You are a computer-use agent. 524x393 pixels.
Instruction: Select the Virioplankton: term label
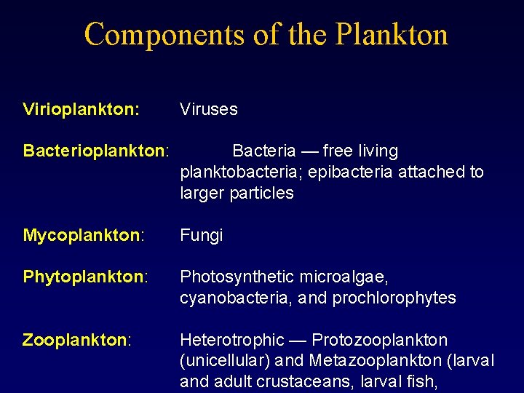click(x=82, y=110)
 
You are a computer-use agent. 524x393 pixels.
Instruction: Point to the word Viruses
click(x=209, y=110)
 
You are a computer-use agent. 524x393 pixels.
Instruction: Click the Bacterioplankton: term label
click(x=96, y=151)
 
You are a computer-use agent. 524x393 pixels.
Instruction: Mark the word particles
click(x=260, y=194)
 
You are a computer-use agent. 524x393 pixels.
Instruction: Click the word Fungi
click(x=201, y=236)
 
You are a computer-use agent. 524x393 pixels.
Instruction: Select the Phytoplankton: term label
click(x=86, y=277)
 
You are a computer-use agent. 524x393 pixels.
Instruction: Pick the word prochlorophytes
click(x=401, y=298)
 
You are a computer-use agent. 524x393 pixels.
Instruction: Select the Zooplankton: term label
click(x=76, y=341)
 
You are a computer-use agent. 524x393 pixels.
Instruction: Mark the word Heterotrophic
click(x=231, y=341)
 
